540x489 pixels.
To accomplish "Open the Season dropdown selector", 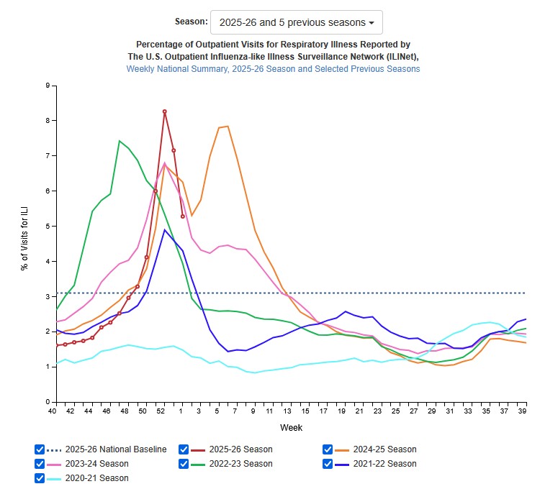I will click(296, 22).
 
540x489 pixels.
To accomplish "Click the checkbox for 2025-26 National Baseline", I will click(40, 449).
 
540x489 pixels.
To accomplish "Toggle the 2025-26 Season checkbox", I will click(184, 449).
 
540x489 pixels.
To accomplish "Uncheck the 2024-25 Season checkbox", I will click(328, 449).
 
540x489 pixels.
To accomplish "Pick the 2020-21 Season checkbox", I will click(40, 478).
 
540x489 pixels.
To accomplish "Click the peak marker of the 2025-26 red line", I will click(165, 111).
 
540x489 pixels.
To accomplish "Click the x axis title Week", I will click(291, 428).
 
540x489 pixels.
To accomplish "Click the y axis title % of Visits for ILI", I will click(24, 243).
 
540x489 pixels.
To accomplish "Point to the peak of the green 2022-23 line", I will click(120, 141).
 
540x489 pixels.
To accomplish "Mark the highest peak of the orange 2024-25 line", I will click(228, 127).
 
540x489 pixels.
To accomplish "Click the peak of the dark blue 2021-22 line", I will click(165, 229).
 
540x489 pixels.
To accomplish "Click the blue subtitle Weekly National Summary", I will click(273, 69).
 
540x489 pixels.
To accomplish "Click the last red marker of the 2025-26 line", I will click(183, 216).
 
